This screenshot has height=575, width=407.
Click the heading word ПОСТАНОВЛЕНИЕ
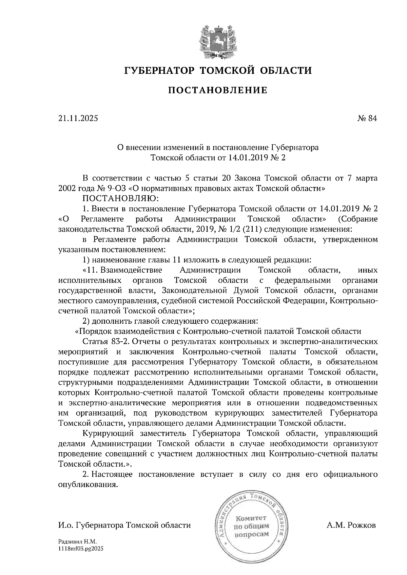tap(218, 90)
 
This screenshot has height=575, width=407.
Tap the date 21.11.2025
tap(78, 119)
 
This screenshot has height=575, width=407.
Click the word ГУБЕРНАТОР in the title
tap(159, 71)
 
